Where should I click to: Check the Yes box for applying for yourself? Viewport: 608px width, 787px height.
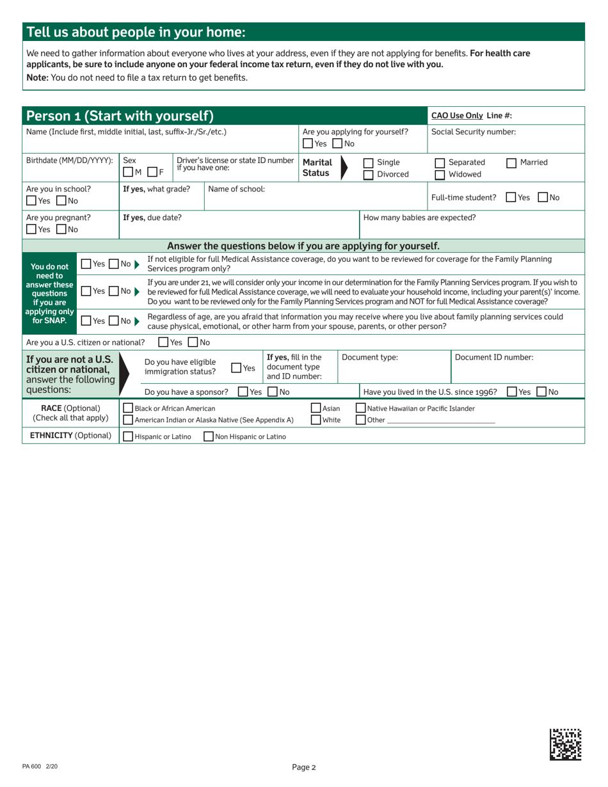308,143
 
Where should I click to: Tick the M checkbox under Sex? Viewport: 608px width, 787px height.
128,170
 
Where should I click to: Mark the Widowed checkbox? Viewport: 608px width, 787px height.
440,175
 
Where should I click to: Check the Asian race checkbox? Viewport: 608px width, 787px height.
316,408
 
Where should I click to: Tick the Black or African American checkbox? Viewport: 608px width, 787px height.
128,408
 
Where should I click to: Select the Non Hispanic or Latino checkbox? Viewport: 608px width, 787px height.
209,437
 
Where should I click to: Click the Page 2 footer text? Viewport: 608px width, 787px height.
304,767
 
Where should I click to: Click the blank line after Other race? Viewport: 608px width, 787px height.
442,420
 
